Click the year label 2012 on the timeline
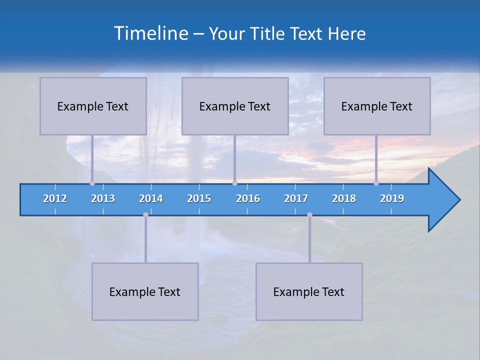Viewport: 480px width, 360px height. pos(55,198)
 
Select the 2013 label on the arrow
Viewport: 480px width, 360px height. pos(103,198)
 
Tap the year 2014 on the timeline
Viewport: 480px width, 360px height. pos(151,198)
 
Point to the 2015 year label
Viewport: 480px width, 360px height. pos(199,198)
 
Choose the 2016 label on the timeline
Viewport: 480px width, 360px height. pos(248,198)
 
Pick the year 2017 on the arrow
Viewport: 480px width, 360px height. pos(296,198)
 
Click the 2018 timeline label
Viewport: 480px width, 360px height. pos(344,198)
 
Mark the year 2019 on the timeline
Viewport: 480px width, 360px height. pos(392,198)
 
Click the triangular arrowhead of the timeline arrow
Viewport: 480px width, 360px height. pos(442,200)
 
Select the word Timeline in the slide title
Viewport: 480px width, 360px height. pos(149,33)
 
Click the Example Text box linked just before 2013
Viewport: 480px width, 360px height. pos(93,106)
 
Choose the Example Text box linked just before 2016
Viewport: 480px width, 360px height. pos(235,106)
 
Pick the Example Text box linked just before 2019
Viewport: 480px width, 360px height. pos(377,106)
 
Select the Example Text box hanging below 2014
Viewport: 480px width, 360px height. pos(145,291)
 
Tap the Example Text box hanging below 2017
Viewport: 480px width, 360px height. pos(309,291)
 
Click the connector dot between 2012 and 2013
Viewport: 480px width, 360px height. pos(92,183)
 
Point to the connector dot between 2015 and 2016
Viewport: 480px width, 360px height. pos(234,183)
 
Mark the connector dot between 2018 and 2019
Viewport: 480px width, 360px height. pos(376,183)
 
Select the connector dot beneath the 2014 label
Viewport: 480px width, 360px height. pos(145,215)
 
